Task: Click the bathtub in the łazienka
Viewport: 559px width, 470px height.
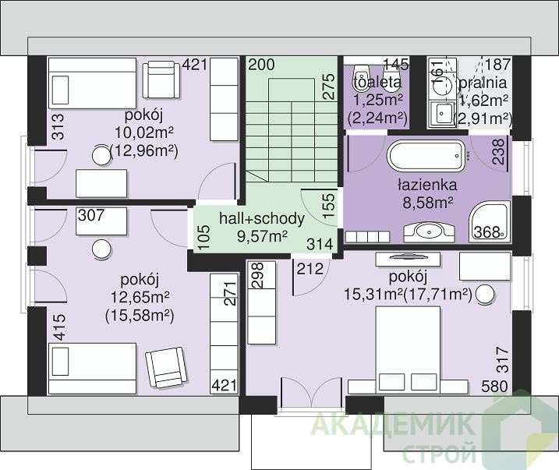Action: point(426,155)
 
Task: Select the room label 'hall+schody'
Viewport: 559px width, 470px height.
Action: point(262,218)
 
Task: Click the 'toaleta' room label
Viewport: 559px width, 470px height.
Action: point(377,83)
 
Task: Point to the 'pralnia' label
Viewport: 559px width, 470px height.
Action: point(483,83)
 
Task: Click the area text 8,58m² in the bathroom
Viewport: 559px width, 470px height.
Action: point(428,203)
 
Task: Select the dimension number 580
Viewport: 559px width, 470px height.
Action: point(495,386)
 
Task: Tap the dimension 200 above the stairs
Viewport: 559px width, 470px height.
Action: point(261,65)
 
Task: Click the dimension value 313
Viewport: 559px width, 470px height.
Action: point(58,126)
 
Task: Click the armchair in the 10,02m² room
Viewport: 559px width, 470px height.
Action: point(161,80)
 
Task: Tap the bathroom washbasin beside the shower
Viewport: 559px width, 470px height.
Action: point(429,232)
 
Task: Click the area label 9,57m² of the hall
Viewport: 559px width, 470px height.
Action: point(263,235)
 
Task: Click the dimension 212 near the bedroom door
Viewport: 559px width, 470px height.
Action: point(310,269)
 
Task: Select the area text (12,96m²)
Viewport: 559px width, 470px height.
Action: point(144,151)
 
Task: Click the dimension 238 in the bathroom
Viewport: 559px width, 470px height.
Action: point(498,151)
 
